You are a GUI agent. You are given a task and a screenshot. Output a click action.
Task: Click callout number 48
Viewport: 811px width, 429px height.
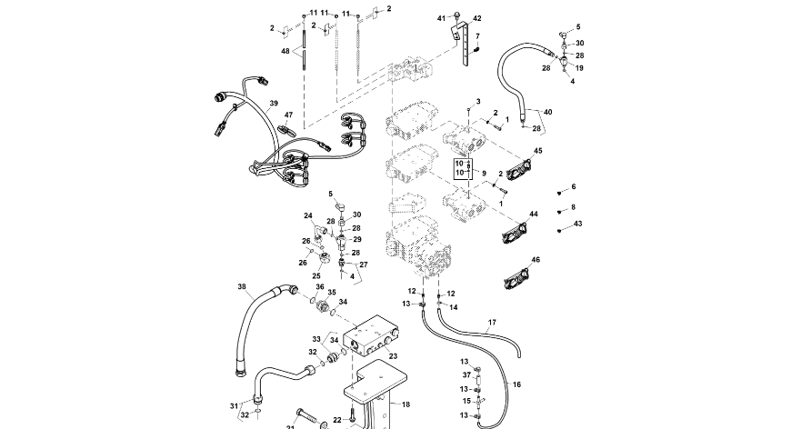click(285, 51)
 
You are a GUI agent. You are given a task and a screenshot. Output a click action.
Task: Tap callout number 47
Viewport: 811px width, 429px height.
click(288, 115)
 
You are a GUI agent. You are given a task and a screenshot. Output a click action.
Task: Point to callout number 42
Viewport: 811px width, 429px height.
click(477, 18)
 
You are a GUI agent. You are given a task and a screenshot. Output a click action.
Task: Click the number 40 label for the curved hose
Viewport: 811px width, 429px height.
click(547, 112)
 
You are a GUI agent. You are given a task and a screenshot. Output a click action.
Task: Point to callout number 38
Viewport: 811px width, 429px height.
click(242, 287)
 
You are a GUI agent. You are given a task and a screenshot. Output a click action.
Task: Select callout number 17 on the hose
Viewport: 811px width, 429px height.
click(492, 323)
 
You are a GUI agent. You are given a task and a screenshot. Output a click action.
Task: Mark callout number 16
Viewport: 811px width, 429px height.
click(516, 384)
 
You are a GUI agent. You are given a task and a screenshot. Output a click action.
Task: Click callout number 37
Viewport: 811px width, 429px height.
click(466, 374)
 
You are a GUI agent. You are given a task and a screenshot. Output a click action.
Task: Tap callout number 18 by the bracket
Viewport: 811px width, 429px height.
click(405, 404)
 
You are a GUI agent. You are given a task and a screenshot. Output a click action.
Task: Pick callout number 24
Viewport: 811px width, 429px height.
click(307, 215)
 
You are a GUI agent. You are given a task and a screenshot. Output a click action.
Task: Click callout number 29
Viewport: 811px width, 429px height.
click(357, 239)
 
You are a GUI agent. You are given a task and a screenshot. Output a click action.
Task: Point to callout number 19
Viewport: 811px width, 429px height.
click(579, 68)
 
